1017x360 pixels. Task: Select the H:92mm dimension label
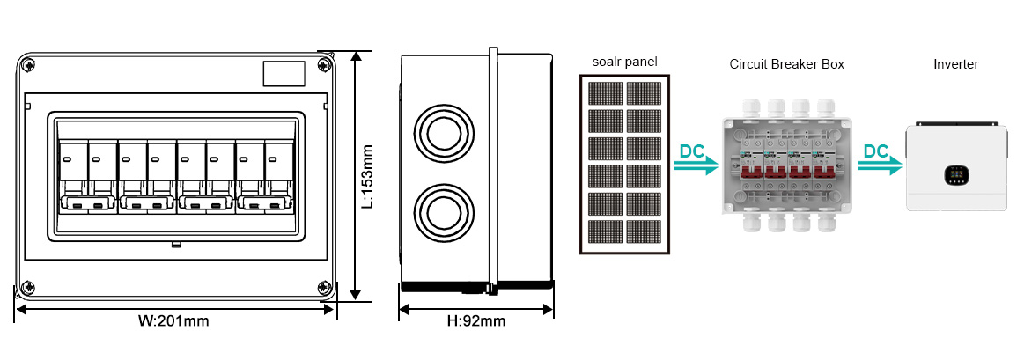(476, 320)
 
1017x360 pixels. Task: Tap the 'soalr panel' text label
(624, 62)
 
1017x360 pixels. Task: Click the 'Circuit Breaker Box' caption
(786, 64)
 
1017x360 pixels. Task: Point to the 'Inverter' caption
(955, 64)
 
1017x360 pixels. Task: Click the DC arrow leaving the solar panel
(696, 161)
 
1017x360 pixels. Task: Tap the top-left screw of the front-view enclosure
(29, 64)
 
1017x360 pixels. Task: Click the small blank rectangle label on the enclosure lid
(284, 74)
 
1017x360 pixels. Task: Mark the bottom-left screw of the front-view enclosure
(29, 288)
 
